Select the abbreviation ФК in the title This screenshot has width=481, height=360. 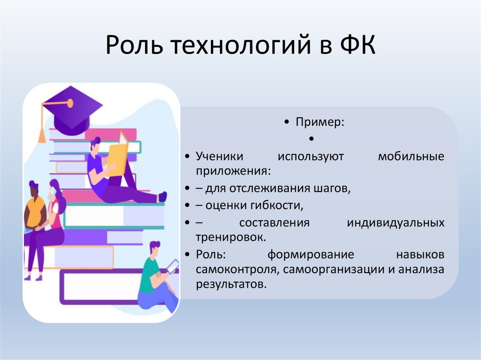click(356, 47)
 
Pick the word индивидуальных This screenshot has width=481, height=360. click(396, 222)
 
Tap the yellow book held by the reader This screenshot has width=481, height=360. click(116, 160)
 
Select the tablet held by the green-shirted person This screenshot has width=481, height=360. click(172, 266)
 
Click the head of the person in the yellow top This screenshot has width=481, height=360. click(34, 189)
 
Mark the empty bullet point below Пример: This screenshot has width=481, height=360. click(311, 139)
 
